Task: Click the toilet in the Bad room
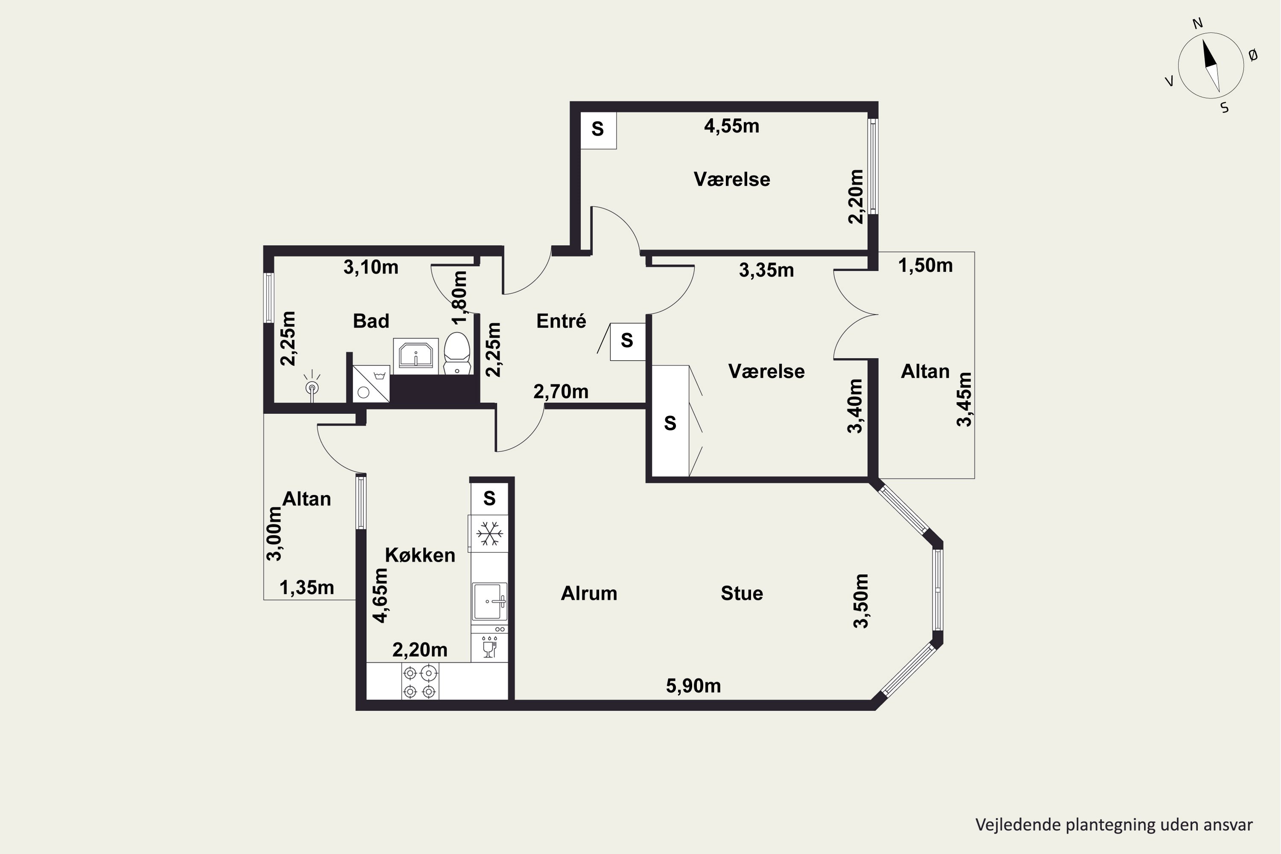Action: [x=457, y=354]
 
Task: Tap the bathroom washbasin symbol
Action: [x=415, y=356]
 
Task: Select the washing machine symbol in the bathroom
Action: [x=371, y=384]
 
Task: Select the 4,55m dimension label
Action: [x=731, y=126]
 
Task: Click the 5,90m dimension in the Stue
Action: [x=693, y=686]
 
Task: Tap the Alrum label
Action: [x=589, y=593]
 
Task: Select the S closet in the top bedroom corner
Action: [x=598, y=130]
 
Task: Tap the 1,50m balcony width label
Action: [x=925, y=266]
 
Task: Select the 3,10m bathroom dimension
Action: [x=371, y=267]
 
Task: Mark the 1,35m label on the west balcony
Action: [x=307, y=588]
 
